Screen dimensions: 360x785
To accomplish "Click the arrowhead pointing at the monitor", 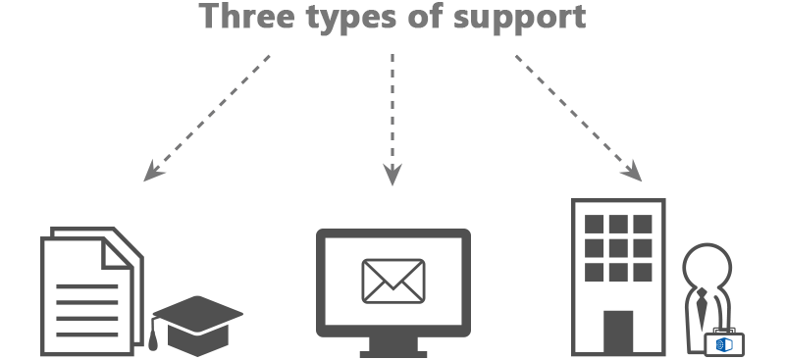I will [392, 177].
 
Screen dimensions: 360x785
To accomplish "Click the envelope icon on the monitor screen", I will [392, 281].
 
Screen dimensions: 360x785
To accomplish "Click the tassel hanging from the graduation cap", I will [155, 339].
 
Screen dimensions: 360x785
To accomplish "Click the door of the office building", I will [617, 333].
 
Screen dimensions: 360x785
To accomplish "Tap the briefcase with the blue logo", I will [724, 341].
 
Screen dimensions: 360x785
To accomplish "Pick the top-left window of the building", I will [595, 225].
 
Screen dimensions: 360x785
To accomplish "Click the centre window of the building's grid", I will [618, 247].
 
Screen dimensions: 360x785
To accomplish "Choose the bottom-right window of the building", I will [642, 270].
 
